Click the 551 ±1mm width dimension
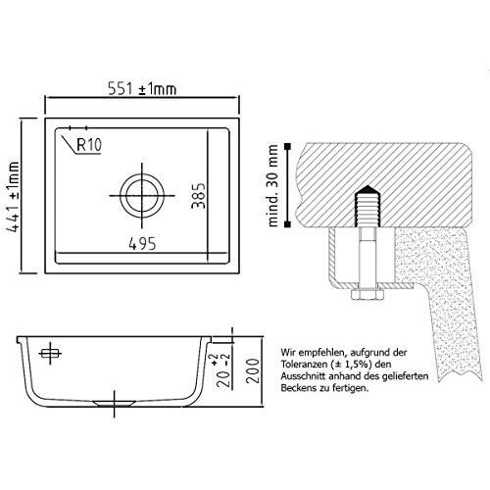click(142, 89)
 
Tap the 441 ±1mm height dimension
click(13, 197)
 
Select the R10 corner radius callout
click(89, 145)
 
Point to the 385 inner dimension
click(199, 195)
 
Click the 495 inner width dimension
click(142, 244)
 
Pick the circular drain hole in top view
click(142, 196)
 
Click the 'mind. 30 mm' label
click(272, 185)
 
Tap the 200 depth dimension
click(253, 370)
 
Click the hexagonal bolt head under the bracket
click(367, 294)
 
